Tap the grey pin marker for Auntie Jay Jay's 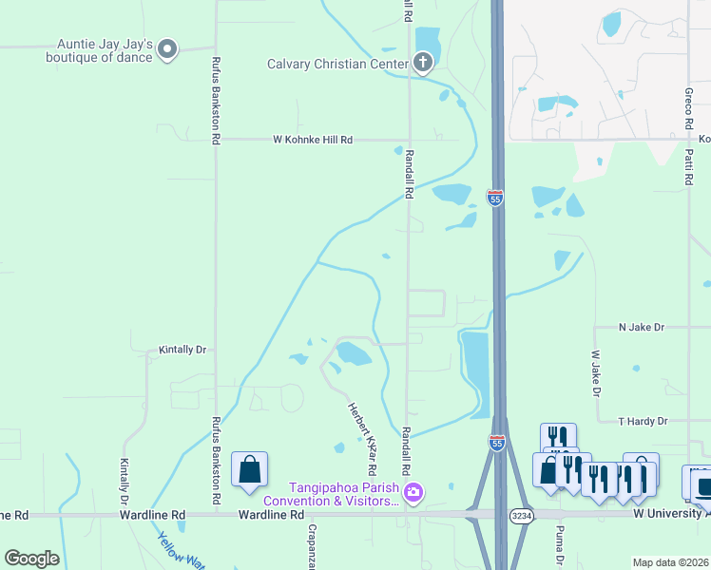point(168,49)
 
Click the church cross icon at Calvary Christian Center point(424,64)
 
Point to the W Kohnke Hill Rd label point(313,140)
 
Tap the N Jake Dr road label point(641,327)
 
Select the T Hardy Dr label point(643,421)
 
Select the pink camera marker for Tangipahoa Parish point(413,492)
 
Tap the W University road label point(671,514)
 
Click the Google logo point(31,559)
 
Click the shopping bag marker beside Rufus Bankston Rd point(249,469)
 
